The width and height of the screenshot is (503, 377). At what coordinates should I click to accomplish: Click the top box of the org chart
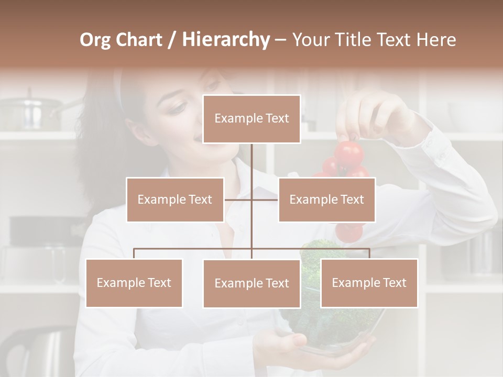click(251, 119)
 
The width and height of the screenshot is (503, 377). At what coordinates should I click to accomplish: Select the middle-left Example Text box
click(175, 199)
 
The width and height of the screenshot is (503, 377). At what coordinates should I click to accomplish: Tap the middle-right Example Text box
click(326, 199)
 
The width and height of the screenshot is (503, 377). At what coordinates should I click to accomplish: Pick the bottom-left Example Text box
click(134, 283)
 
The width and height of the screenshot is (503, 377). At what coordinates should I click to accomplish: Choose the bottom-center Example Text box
click(251, 283)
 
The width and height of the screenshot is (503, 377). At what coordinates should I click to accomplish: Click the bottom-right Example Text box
click(369, 283)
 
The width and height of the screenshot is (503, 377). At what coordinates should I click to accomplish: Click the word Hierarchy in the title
click(225, 39)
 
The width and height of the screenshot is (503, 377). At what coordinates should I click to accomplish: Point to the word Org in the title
click(95, 39)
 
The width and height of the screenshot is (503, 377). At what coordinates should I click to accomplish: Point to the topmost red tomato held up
click(349, 152)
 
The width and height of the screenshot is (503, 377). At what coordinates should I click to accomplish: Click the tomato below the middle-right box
click(348, 231)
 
